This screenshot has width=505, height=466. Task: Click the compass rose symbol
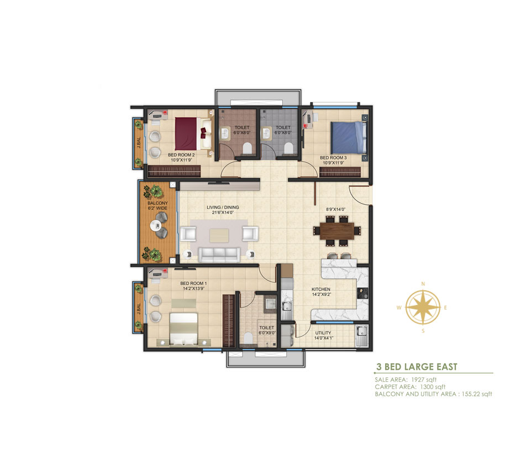pyautogui.click(x=423, y=307)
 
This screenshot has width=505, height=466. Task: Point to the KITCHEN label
pyautogui.click(x=320, y=289)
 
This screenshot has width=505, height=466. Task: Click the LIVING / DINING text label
pyautogui.click(x=223, y=208)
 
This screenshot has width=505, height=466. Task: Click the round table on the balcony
pyautogui.click(x=158, y=226)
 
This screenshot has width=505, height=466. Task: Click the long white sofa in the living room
pyautogui.click(x=219, y=254)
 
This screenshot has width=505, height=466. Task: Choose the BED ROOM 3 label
pyautogui.click(x=333, y=158)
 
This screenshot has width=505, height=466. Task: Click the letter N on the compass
pyautogui.click(x=423, y=283)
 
